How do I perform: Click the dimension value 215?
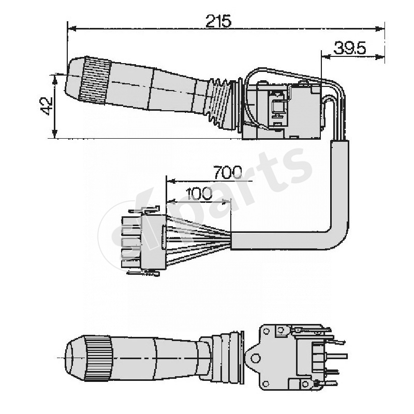218,21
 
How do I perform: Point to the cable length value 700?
227,172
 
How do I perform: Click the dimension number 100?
199,194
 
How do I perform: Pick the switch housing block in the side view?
282,111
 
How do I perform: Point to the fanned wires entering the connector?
199,241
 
